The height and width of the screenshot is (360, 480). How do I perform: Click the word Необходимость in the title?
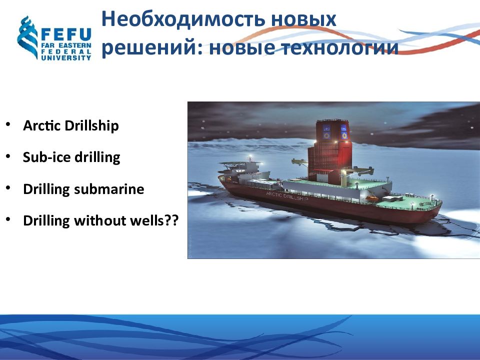[x=183, y=19]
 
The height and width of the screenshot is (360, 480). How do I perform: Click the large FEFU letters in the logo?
[x=66, y=34]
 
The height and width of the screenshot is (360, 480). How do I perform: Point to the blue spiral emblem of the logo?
[x=27, y=37]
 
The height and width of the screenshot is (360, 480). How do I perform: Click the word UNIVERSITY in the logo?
[x=66, y=57]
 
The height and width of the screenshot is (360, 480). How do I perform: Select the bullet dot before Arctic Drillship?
[x=8, y=124]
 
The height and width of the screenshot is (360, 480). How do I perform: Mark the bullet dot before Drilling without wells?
[x=8, y=219]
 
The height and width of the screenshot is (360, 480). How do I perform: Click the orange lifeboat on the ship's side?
[x=372, y=198]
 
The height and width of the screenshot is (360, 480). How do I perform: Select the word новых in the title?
[x=303, y=19]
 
